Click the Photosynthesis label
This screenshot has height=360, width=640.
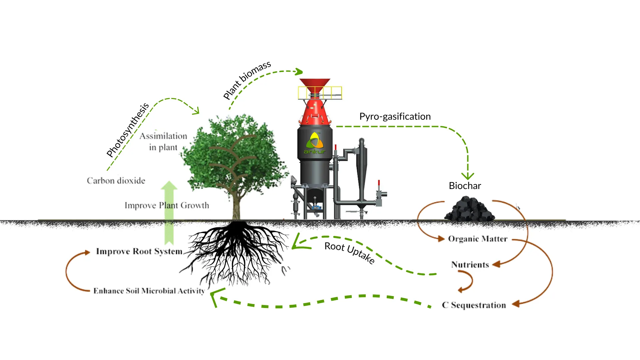pos(127,130)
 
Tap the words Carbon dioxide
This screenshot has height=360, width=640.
pos(116,181)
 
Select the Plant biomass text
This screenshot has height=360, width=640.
pos(247,80)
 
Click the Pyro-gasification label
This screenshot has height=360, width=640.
pos(395,116)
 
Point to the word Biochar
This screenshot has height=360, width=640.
pos(465,186)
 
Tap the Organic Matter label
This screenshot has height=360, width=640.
pos(477,239)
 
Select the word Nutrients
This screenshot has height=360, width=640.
pos(470,265)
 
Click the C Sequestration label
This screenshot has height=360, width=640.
pos(474,305)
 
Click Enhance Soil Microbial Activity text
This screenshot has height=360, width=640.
pos(149,291)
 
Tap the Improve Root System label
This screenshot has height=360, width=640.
pos(139,251)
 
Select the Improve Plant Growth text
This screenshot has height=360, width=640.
pos(167,205)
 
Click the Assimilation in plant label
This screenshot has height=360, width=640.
pos(163,142)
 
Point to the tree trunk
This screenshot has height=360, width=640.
pos(236,207)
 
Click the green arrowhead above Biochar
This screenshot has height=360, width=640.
pos(468,176)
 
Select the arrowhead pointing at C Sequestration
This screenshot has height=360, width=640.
pos(516,304)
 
